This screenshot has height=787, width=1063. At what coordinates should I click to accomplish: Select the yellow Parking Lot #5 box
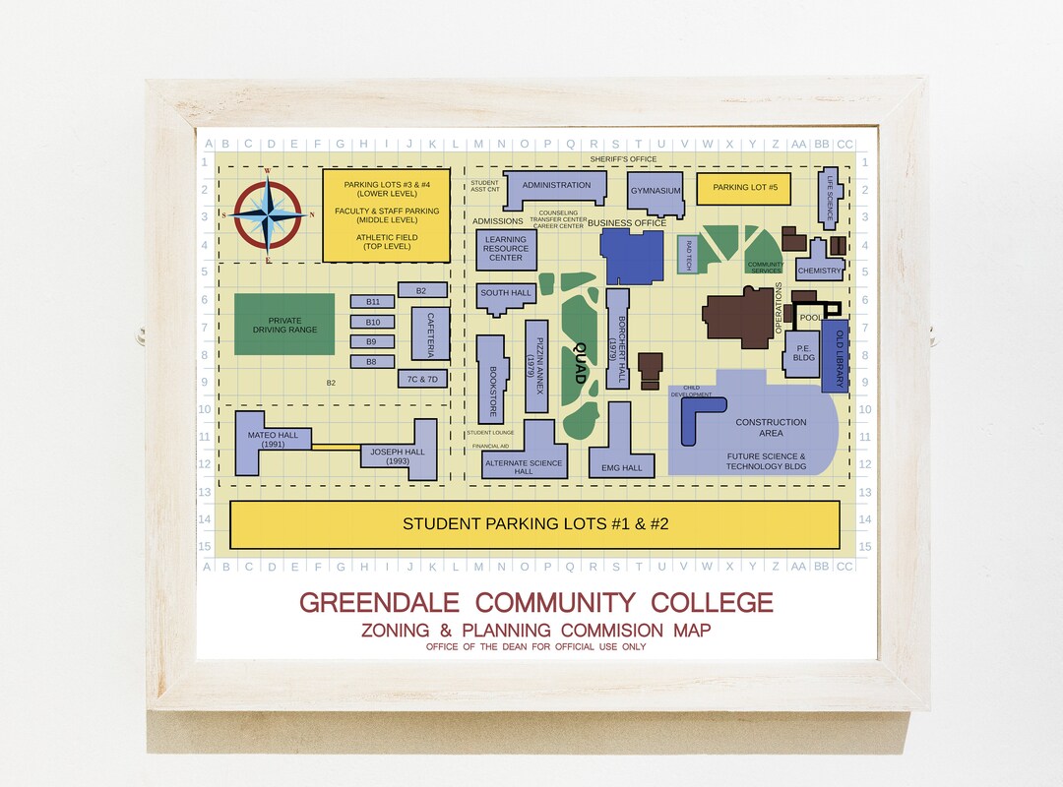click(744, 188)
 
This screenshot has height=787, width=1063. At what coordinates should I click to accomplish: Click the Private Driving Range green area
click(284, 324)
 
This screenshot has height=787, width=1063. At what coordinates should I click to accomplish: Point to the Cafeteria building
click(430, 333)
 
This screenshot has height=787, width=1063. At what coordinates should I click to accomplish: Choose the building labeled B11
click(373, 301)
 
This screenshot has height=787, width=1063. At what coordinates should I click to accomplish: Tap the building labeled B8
click(373, 362)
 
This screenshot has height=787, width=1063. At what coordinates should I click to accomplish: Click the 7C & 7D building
click(422, 379)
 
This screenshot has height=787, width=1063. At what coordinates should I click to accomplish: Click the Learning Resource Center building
click(506, 249)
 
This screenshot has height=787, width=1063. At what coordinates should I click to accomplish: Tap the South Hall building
click(506, 294)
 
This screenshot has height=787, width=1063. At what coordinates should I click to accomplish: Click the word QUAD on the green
click(579, 362)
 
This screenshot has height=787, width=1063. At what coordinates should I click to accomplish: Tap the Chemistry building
click(820, 270)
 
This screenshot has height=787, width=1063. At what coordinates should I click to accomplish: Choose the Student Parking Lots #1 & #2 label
click(534, 524)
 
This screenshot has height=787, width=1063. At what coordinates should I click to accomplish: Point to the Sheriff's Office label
click(623, 159)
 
